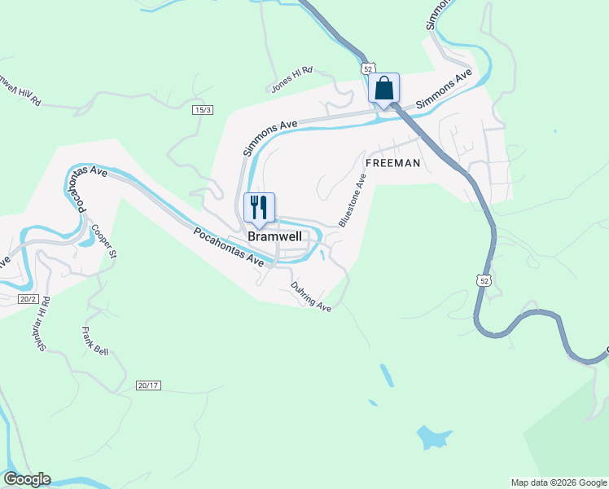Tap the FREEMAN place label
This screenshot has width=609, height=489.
(x=392, y=163)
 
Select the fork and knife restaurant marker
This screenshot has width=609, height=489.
(x=260, y=209)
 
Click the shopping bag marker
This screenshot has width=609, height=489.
(x=384, y=89)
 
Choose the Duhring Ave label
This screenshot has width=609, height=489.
(x=312, y=297)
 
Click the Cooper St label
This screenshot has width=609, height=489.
(x=105, y=242)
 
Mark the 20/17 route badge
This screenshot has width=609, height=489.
(x=148, y=385)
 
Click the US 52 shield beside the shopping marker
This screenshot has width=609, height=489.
(x=369, y=68)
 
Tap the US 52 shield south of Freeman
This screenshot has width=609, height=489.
(x=484, y=280)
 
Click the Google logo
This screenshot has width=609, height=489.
(x=27, y=479)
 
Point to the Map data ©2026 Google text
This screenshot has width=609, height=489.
(x=559, y=482)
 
